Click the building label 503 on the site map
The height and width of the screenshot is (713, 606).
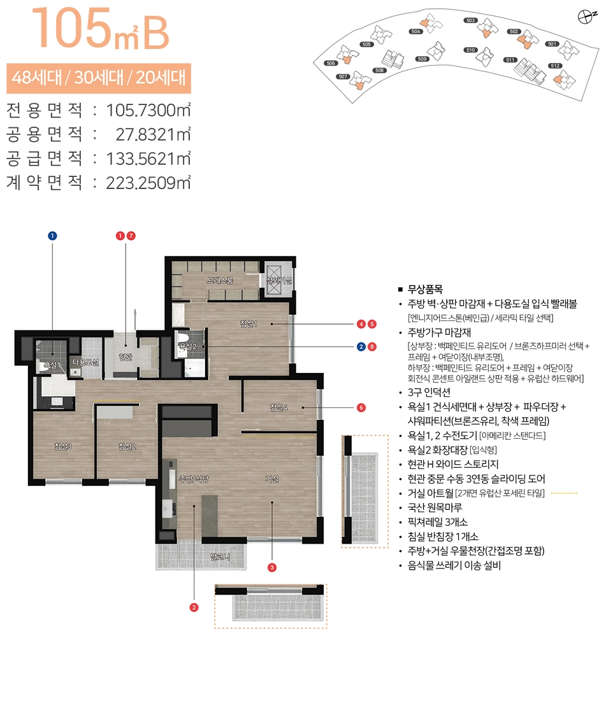[471, 20]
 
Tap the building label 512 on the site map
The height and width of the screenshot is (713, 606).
[554, 66]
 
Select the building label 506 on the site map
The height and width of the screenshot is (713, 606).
[330, 63]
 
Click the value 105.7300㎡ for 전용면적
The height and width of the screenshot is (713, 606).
[150, 110]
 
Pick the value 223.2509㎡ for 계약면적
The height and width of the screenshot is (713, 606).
[150, 183]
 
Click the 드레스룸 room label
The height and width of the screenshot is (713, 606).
[221, 280]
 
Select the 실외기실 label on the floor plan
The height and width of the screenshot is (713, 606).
[278, 280]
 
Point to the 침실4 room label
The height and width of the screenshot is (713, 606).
[279, 407]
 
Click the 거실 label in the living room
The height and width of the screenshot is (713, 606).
[271, 479]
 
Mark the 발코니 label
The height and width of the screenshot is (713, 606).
[220, 557]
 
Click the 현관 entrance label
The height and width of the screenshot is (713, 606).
[125, 339]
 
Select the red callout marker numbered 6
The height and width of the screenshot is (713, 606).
[361, 407]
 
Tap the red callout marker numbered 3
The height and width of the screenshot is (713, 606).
[272, 567]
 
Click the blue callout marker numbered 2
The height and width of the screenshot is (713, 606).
[361, 347]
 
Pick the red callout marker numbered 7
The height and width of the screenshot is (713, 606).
[131, 236]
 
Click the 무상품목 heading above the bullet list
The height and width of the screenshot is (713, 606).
[425, 288]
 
